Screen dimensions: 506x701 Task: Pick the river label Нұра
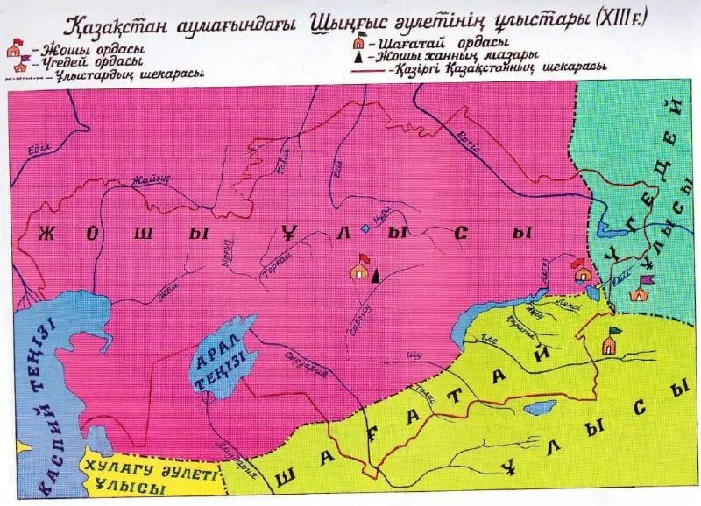click(381, 212)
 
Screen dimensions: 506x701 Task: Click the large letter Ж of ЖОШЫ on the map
click(46, 234)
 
